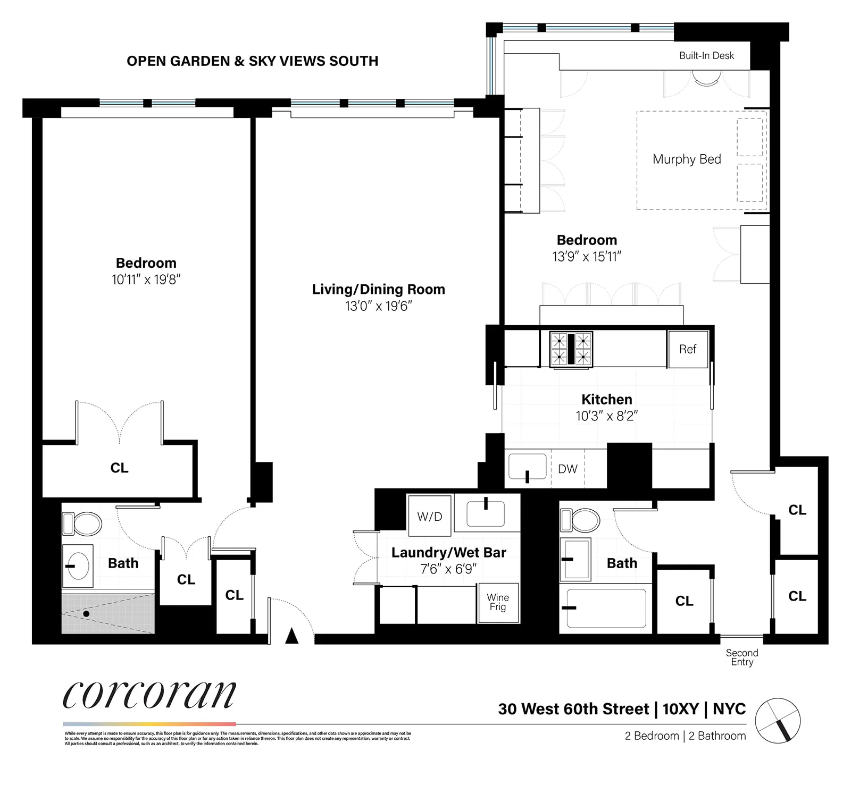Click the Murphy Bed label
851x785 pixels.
(x=687, y=159)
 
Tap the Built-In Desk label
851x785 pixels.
(x=706, y=56)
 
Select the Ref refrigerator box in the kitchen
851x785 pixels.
(x=688, y=349)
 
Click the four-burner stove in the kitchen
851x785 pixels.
(x=571, y=349)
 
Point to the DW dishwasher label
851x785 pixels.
(x=568, y=469)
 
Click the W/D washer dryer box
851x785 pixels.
(x=430, y=516)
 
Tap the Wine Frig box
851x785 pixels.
(x=498, y=602)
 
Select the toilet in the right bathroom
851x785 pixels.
(x=580, y=520)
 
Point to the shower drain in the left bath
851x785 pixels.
(x=86, y=614)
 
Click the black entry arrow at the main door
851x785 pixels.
(x=291, y=636)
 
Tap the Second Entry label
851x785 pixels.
(x=742, y=657)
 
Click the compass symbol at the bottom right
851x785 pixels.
(x=778, y=721)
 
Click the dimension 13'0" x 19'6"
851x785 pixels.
(x=378, y=306)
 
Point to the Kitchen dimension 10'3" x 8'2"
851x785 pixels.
(x=606, y=416)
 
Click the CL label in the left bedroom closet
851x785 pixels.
(x=119, y=468)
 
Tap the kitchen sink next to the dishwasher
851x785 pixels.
(x=527, y=467)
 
